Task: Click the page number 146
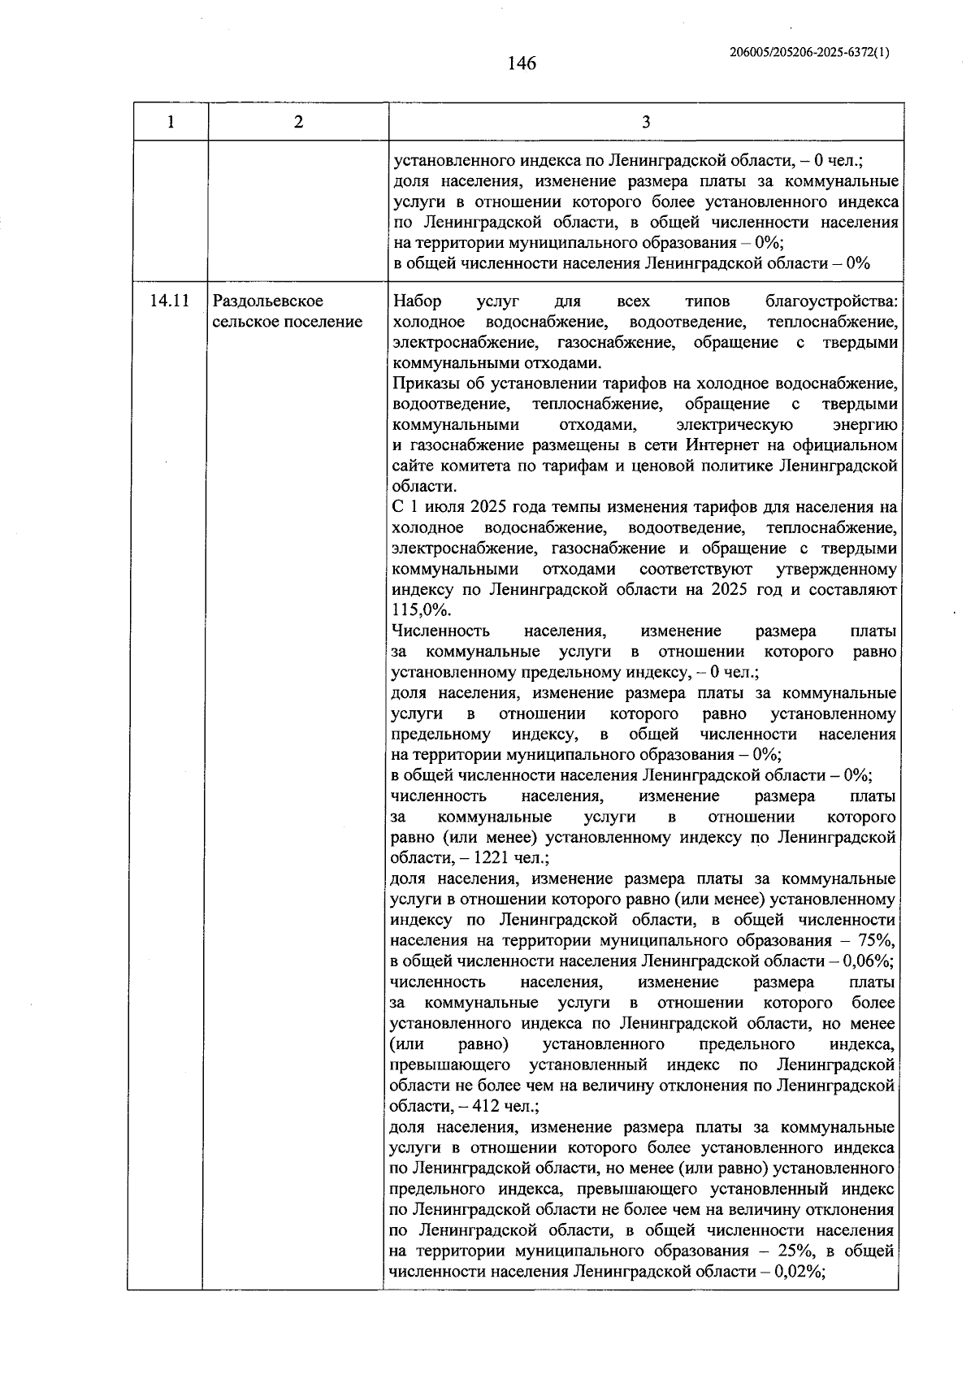522,63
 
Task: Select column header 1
170,122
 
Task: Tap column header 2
298,122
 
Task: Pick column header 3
645,122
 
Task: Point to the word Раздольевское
268,301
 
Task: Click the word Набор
417,301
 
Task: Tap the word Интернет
721,445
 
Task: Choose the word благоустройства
831,301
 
